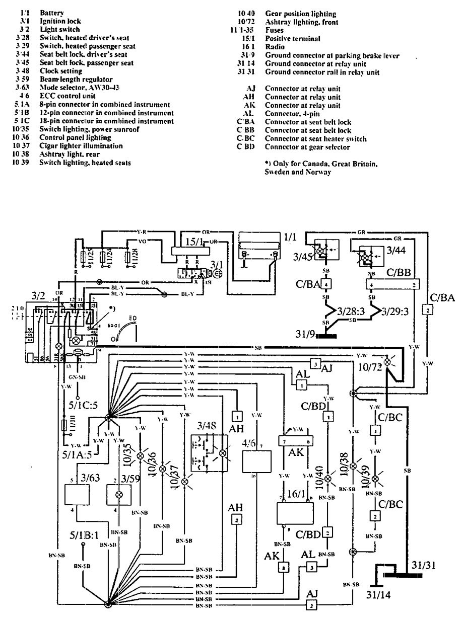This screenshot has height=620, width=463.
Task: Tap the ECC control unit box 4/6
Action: (x=257, y=460)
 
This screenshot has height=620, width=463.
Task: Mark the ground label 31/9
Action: (x=303, y=334)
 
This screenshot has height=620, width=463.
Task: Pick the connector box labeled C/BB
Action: (x=390, y=285)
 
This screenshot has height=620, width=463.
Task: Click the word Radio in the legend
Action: (x=275, y=47)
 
